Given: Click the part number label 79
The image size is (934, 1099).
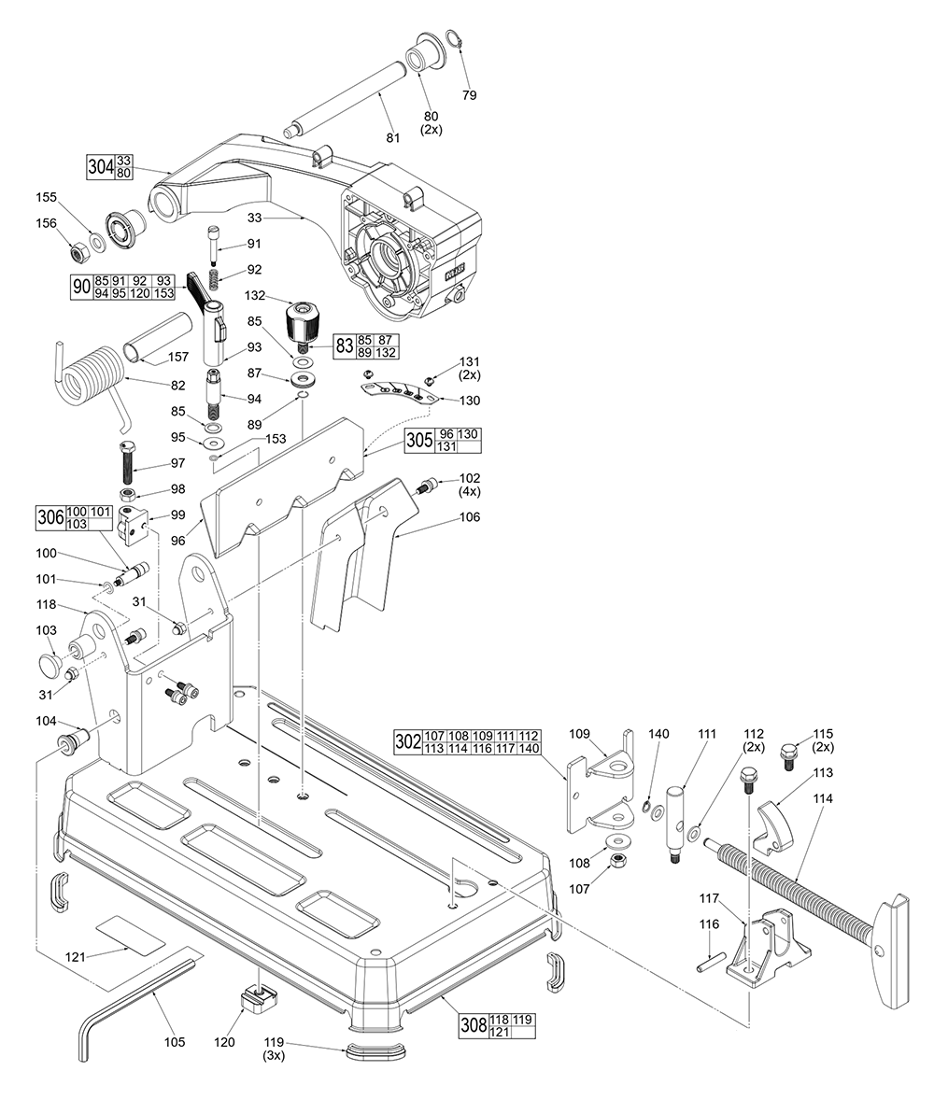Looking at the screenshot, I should (x=470, y=95).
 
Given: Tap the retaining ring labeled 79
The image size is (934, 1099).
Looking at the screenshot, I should (x=453, y=38).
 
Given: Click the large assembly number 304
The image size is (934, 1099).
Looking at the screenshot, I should (x=100, y=167).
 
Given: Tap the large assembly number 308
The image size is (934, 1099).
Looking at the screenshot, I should (x=473, y=1026).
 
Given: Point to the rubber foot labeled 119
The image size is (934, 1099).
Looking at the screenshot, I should (x=377, y=1051).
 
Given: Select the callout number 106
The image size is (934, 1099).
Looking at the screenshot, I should (x=469, y=516).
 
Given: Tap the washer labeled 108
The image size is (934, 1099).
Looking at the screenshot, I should (x=616, y=842).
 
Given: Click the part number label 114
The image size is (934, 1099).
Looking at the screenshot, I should (x=824, y=798).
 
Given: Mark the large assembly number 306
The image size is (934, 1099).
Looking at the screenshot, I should (x=50, y=517).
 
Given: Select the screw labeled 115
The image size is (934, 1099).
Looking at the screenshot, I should (x=786, y=753).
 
